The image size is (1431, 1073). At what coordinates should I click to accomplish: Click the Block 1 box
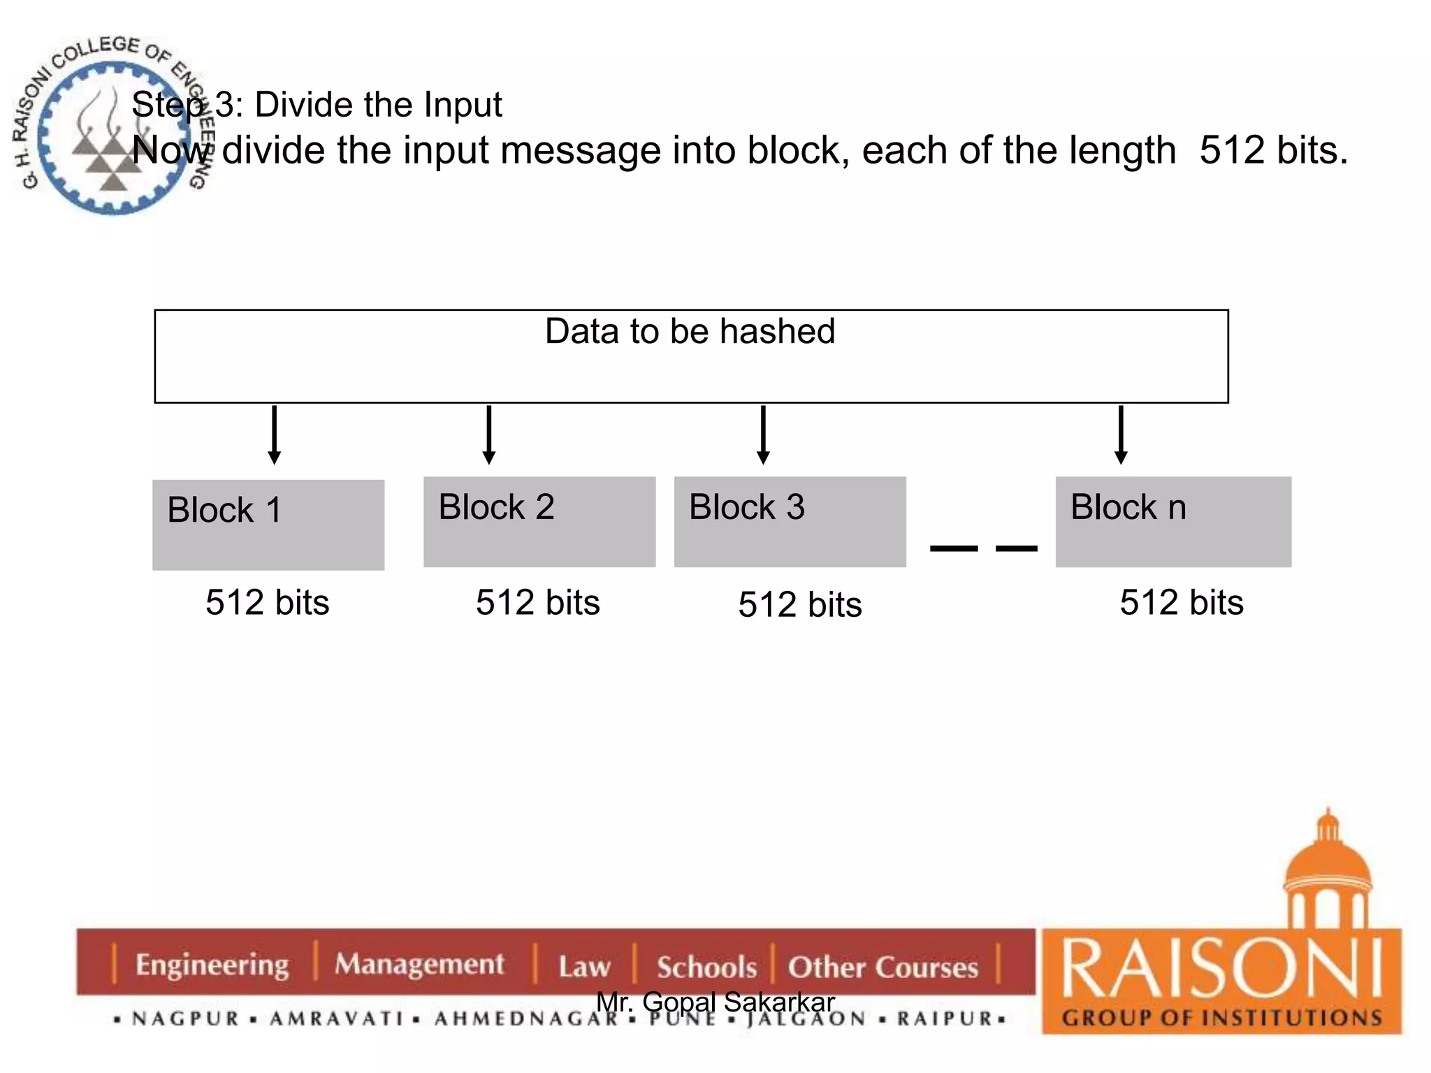(x=268, y=525)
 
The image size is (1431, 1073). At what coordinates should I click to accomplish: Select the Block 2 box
(x=539, y=522)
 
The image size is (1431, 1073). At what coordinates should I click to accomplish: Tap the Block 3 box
(x=790, y=522)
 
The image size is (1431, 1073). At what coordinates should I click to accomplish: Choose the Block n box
(x=1173, y=522)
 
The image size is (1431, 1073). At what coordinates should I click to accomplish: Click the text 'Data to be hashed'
(x=690, y=331)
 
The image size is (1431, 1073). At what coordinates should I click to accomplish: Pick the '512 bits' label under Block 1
(x=267, y=602)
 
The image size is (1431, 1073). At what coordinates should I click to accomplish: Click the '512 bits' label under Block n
(x=1182, y=602)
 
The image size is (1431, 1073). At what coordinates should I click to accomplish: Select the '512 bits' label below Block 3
(x=800, y=604)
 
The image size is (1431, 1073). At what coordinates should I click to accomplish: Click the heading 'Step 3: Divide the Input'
(x=317, y=105)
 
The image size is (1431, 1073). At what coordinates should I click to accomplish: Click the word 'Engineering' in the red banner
(x=212, y=965)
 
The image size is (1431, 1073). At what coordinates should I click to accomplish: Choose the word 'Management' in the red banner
(x=419, y=964)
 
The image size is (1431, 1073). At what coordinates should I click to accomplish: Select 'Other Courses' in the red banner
(x=883, y=968)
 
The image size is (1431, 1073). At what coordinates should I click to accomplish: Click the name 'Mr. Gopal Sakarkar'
(x=715, y=1002)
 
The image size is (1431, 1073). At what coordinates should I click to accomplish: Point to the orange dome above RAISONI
(x=1327, y=866)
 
